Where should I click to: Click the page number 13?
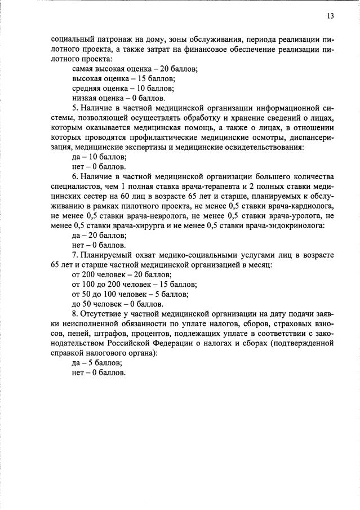click(330, 16)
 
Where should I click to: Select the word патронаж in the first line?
click(108, 39)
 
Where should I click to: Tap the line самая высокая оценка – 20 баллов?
click(135, 68)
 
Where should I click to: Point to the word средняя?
click(88, 88)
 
